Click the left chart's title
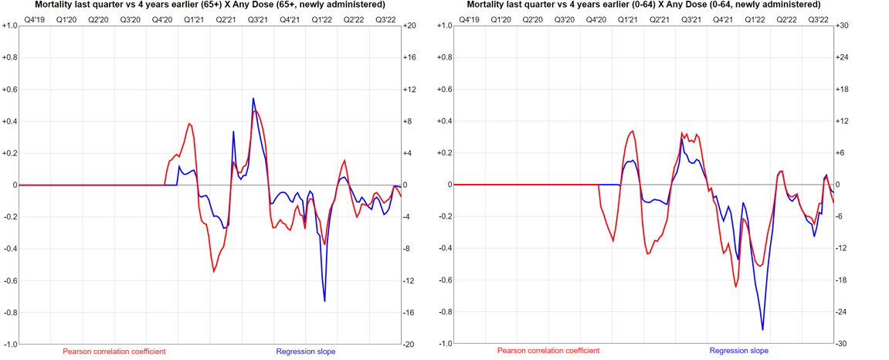(210, 5)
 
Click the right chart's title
(643, 5)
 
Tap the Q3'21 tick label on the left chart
(257, 19)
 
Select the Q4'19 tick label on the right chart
(469, 19)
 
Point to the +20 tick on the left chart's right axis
(410, 25)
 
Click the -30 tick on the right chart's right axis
(843, 344)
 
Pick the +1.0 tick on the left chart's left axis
(9, 25)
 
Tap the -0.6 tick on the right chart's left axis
(443, 280)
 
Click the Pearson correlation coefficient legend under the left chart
(114, 352)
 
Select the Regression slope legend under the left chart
(306, 352)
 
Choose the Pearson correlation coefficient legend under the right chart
(548, 352)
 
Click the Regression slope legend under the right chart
(739, 352)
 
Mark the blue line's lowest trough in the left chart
(324, 301)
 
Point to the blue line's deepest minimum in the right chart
(763, 330)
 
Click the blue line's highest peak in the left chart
(253, 99)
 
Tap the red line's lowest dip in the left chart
(214, 272)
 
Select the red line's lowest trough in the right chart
(736, 287)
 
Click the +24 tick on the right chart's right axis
(843, 57)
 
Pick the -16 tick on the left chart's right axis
(410, 312)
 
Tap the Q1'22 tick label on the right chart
(755, 19)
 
